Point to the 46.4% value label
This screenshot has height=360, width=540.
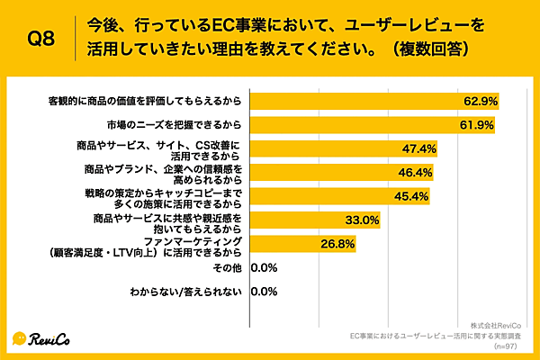pyautogui.click(x=414, y=172)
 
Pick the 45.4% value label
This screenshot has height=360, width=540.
pyautogui.click(x=409, y=195)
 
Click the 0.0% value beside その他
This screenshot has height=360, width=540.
pyautogui.click(x=264, y=267)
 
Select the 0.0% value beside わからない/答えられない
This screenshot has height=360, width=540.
pyautogui.click(x=264, y=292)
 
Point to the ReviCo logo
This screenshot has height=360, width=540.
pyautogui.click(x=42, y=337)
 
